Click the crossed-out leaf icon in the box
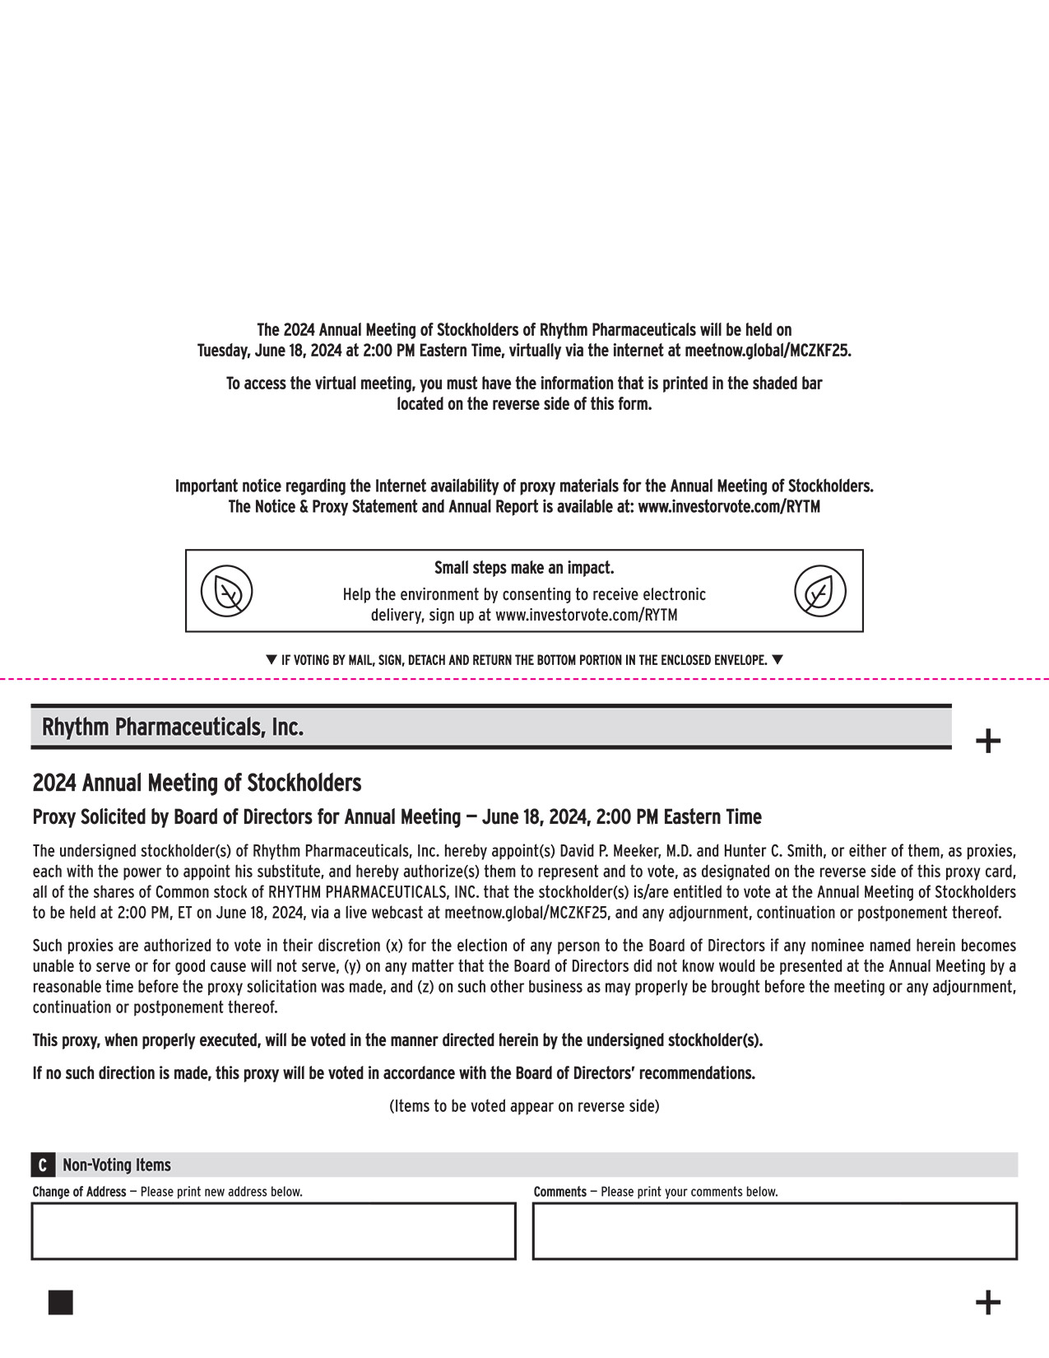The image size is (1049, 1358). (227, 591)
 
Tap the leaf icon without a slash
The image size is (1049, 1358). (820, 591)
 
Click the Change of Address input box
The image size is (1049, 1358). (273, 1230)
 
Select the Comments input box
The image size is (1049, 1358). (774, 1230)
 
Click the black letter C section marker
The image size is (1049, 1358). (43, 1165)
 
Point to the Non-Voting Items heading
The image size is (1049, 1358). (117, 1165)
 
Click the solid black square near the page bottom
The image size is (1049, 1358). (61, 1303)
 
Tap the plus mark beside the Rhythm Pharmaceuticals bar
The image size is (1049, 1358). (987, 741)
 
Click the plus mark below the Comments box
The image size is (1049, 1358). (987, 1303)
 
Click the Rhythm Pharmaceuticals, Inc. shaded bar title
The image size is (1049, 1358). (173, 728)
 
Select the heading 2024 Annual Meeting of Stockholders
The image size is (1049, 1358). (197, 782)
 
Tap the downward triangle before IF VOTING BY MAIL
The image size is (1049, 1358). (272, 659)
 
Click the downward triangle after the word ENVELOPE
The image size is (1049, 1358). (777, 659)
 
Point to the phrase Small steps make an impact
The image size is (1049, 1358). (524, 568)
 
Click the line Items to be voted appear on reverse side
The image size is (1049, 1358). (524, 1106)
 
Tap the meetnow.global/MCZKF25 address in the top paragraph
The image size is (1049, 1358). (767, 351)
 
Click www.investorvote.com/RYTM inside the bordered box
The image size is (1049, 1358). (586, 615)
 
